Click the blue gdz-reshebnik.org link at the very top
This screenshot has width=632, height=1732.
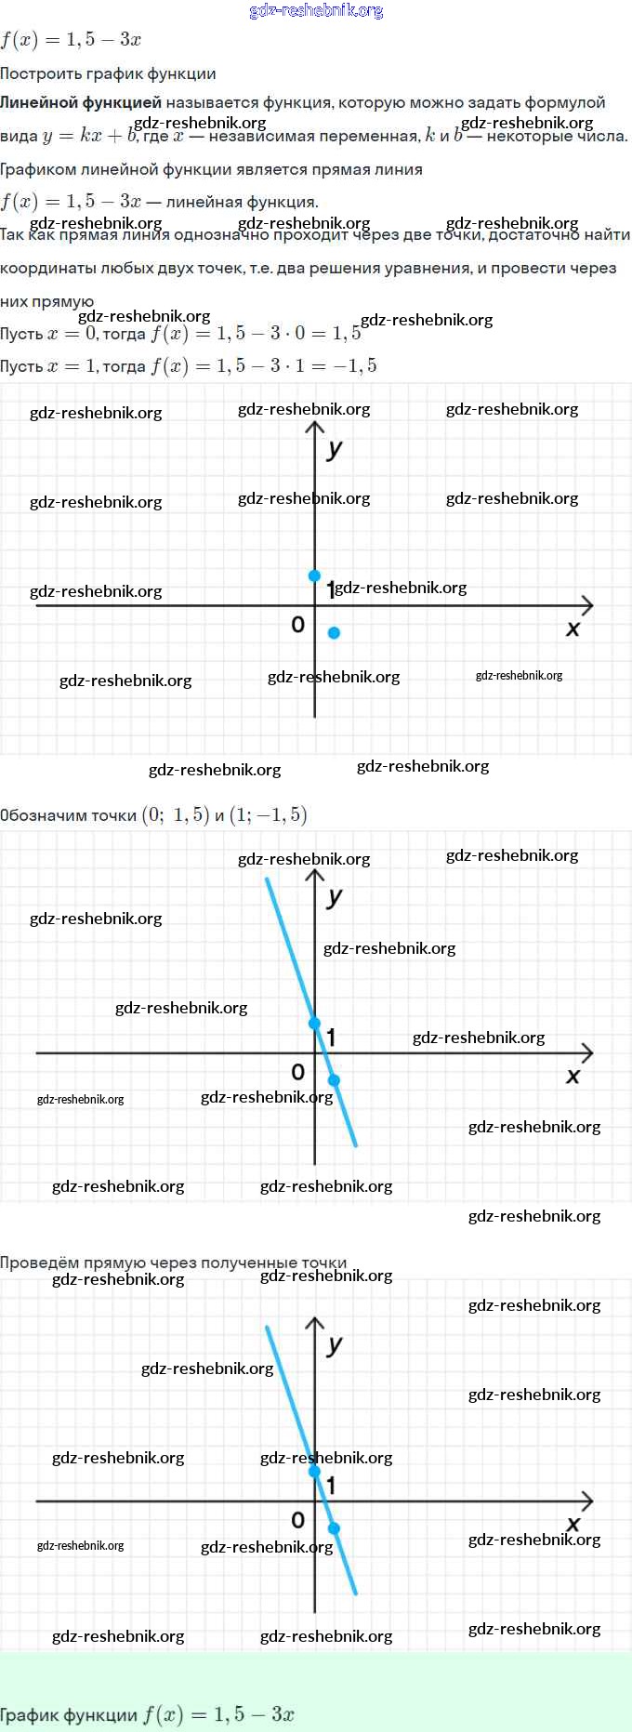[x=316, y=10]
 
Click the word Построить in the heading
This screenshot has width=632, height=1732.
[x=37, y=73]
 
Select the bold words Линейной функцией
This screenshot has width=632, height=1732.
[x=81, y=102]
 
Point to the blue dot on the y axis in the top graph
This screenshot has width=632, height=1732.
[x=315, y=576]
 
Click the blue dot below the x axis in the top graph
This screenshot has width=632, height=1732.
[x=334, y=633]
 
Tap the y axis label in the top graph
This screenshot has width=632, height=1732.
[x=335, y=448]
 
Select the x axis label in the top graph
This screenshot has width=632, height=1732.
[x=573, y=628]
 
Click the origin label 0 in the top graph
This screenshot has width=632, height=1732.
[x=297, y=625]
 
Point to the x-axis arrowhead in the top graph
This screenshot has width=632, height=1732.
[x=586, y=606]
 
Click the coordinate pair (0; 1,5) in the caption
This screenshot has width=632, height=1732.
[x=176, y=815]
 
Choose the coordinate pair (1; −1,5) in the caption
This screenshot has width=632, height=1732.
[x=269, y=815]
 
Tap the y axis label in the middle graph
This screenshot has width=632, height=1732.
[x=335, y=896]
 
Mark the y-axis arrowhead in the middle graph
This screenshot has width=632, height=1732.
[x=315, y=874]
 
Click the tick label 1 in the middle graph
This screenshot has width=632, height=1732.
[x=331, y=1037]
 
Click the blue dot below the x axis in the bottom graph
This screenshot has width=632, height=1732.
[x=334, y=1528]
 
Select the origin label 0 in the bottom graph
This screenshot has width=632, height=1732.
[x=297, y=1520]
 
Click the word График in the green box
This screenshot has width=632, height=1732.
[x=35, y=1715]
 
